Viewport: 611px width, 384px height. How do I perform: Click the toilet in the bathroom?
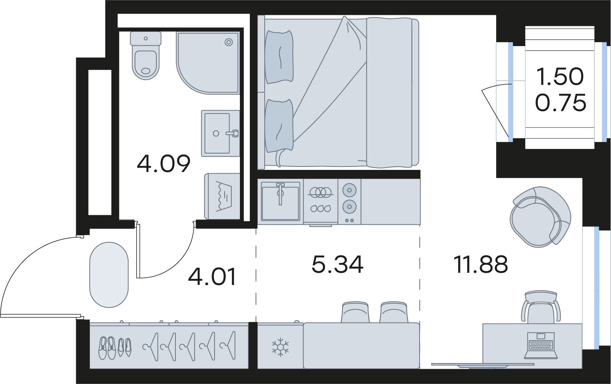(x=146, y=56)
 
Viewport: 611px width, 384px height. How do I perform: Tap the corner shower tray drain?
(x=228, y=42)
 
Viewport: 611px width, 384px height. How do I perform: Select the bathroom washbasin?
(x=220, y=133)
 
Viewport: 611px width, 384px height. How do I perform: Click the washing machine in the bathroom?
(x=222, y=196)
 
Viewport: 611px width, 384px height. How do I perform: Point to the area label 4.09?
(x=163, y=163)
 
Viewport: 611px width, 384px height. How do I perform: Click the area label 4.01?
(x=212, y=277)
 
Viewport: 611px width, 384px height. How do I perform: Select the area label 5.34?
(x=338, y=264)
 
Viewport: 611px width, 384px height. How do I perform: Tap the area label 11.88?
(x=481, y=264)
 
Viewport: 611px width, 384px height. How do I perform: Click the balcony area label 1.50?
(x=560, y=77)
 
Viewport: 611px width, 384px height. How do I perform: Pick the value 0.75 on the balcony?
(x=561, y=102)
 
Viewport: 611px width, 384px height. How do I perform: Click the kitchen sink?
(x=280, y=202)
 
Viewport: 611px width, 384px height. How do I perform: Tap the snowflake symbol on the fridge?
(x=280, y=347)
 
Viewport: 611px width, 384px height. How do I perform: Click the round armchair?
(x=540, y=217)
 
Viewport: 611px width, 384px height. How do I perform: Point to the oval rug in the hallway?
(x=109, y=275)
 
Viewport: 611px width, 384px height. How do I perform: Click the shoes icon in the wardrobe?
(x=115, y=348)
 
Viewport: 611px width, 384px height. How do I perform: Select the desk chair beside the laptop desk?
(x=541, y=307)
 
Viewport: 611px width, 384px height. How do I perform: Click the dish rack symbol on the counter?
(x=320, y=200)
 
